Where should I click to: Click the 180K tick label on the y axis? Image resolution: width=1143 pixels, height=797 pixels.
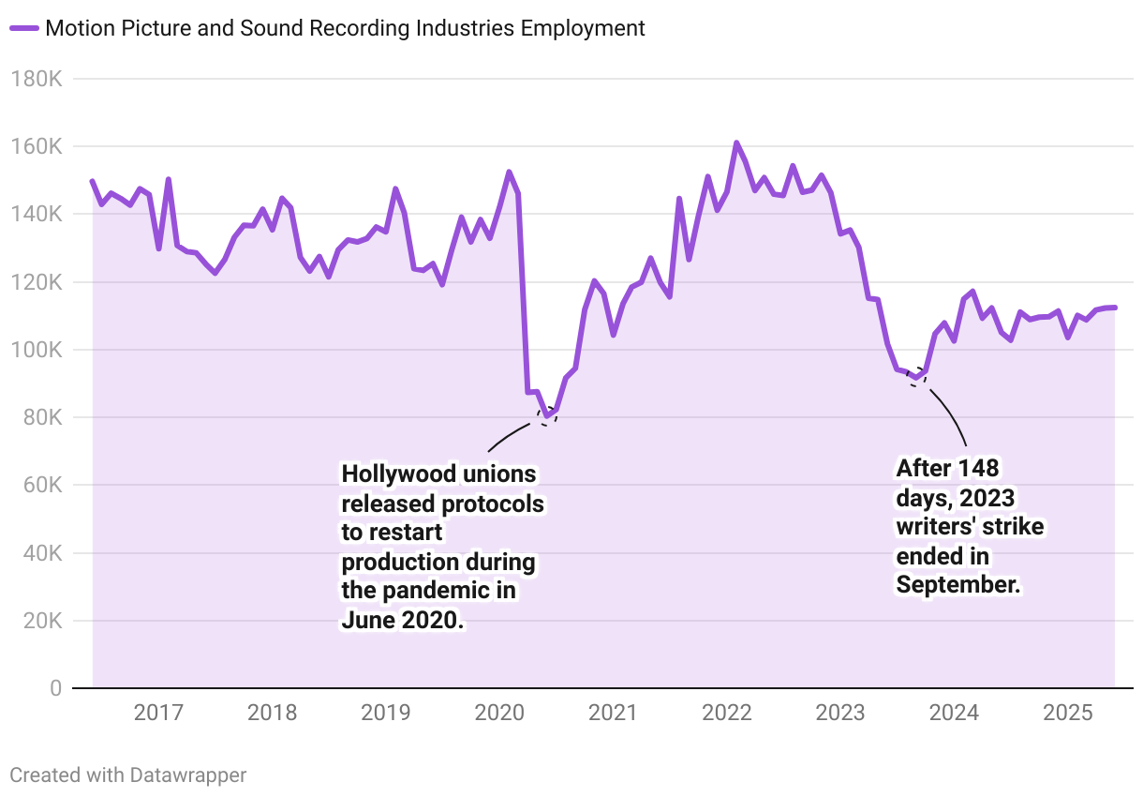(x=37, y=79)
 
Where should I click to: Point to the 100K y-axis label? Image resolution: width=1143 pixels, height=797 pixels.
(x=37, y=350)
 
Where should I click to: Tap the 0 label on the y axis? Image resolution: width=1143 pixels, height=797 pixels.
(x=54, y=688)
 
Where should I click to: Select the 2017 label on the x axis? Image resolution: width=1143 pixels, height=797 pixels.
(x=158, y=714)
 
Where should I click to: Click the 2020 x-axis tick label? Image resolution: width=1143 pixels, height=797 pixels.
(x=499, y=714)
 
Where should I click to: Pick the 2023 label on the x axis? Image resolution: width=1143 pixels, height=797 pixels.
(x=840, y=714)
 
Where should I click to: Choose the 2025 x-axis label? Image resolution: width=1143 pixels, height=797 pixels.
(x=1068, y=714)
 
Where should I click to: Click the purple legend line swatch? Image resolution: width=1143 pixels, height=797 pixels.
(x=24, y=28)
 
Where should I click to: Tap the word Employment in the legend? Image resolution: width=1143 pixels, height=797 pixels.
(x=583, y=28)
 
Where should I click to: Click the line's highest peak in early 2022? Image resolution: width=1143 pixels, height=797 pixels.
(x=736, y=143)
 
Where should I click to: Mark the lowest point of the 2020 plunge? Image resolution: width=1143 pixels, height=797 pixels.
(x=546, y=415)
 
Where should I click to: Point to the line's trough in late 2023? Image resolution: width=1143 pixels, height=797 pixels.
(x=915, y=379)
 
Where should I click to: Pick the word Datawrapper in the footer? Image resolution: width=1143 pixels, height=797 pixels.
(x=188, y=775)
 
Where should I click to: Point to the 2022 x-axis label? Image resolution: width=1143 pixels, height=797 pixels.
(x=727, y=714)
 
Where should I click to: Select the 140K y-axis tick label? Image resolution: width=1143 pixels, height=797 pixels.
(x=37, y=214)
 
